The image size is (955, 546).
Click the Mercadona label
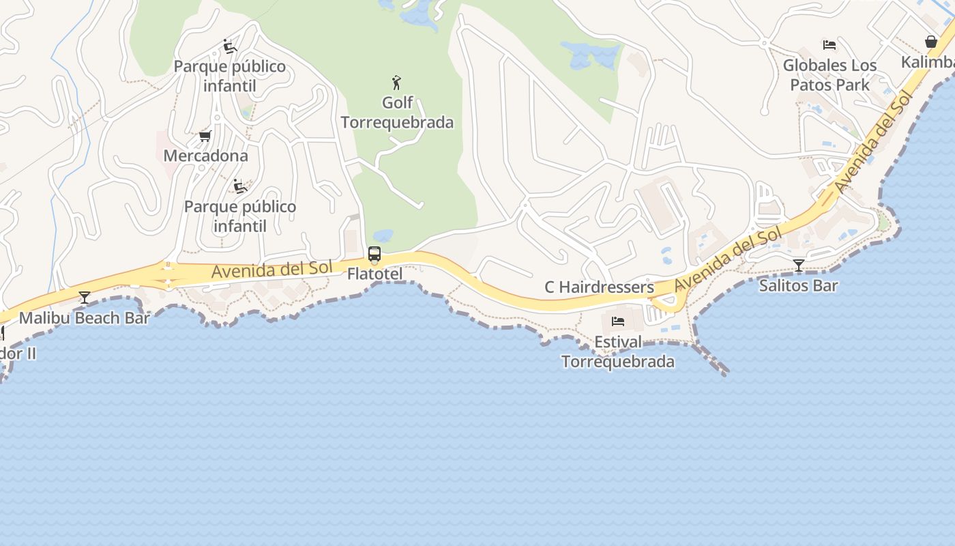click(205, 156)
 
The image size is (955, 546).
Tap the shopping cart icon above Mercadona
click(205, 136)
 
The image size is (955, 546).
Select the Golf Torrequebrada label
click(397, 113)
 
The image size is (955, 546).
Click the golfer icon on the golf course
click(396, 83)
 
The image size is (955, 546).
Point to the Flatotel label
click(374, 274)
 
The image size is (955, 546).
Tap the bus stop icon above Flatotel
click(374, 255)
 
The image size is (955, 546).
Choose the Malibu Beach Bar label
click(85, 318)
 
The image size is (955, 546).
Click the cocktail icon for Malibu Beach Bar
click(85, 298)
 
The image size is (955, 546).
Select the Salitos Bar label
click(798, 285)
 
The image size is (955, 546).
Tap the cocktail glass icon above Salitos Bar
click(799, 265)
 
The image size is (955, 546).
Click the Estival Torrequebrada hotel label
click(618, 351)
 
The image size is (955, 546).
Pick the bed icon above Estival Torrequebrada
click(618, 321)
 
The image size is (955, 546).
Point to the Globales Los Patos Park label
click(829, 75)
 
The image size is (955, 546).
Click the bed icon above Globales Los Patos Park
click(829, 45)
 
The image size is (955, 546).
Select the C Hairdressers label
click(599, 287)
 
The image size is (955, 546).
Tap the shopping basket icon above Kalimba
click(931, 42)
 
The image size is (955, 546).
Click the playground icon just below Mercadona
click(239, 186)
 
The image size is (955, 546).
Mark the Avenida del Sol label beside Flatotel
click(271, 270)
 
